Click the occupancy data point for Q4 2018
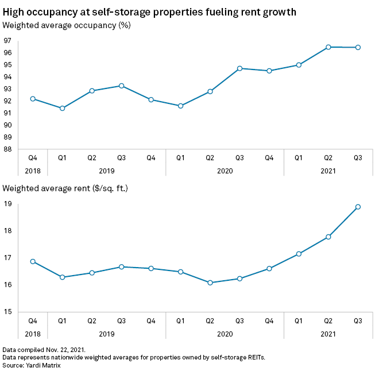(x=33, y=99)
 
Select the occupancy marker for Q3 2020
(x=239, y=68)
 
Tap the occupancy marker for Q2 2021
(x=328, y=47)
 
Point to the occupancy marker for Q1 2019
(x=62, y=108)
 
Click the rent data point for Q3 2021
(x=358, y=207)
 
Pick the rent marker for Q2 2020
(x=210, y=283)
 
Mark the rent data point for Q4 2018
(x=33, y=261)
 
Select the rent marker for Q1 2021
(x=299, y=254)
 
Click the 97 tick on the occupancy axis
(x=7, y=41)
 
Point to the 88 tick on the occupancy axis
(x=7, y=149)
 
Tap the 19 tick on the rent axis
(x=7, y=204)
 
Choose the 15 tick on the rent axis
(x=7, y=312)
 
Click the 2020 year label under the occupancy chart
(x=225, y=171)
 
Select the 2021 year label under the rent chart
(x=328, y=334)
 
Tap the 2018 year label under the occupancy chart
(x=33, y=171)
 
